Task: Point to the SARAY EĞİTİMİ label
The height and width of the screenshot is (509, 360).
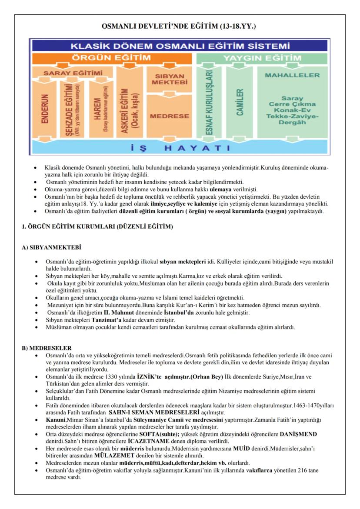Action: [x=73, y=73]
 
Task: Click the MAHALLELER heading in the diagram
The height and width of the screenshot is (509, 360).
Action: [x=292, y=75]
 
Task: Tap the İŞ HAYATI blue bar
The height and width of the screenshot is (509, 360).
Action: [x=180, y=148]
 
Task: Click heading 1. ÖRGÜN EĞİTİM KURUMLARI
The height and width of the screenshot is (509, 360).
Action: [x=97, y=227]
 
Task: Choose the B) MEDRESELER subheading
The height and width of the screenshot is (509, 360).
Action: [x=47, y=348]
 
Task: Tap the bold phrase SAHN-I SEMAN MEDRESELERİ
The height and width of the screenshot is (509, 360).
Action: [x=160, y=412]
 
